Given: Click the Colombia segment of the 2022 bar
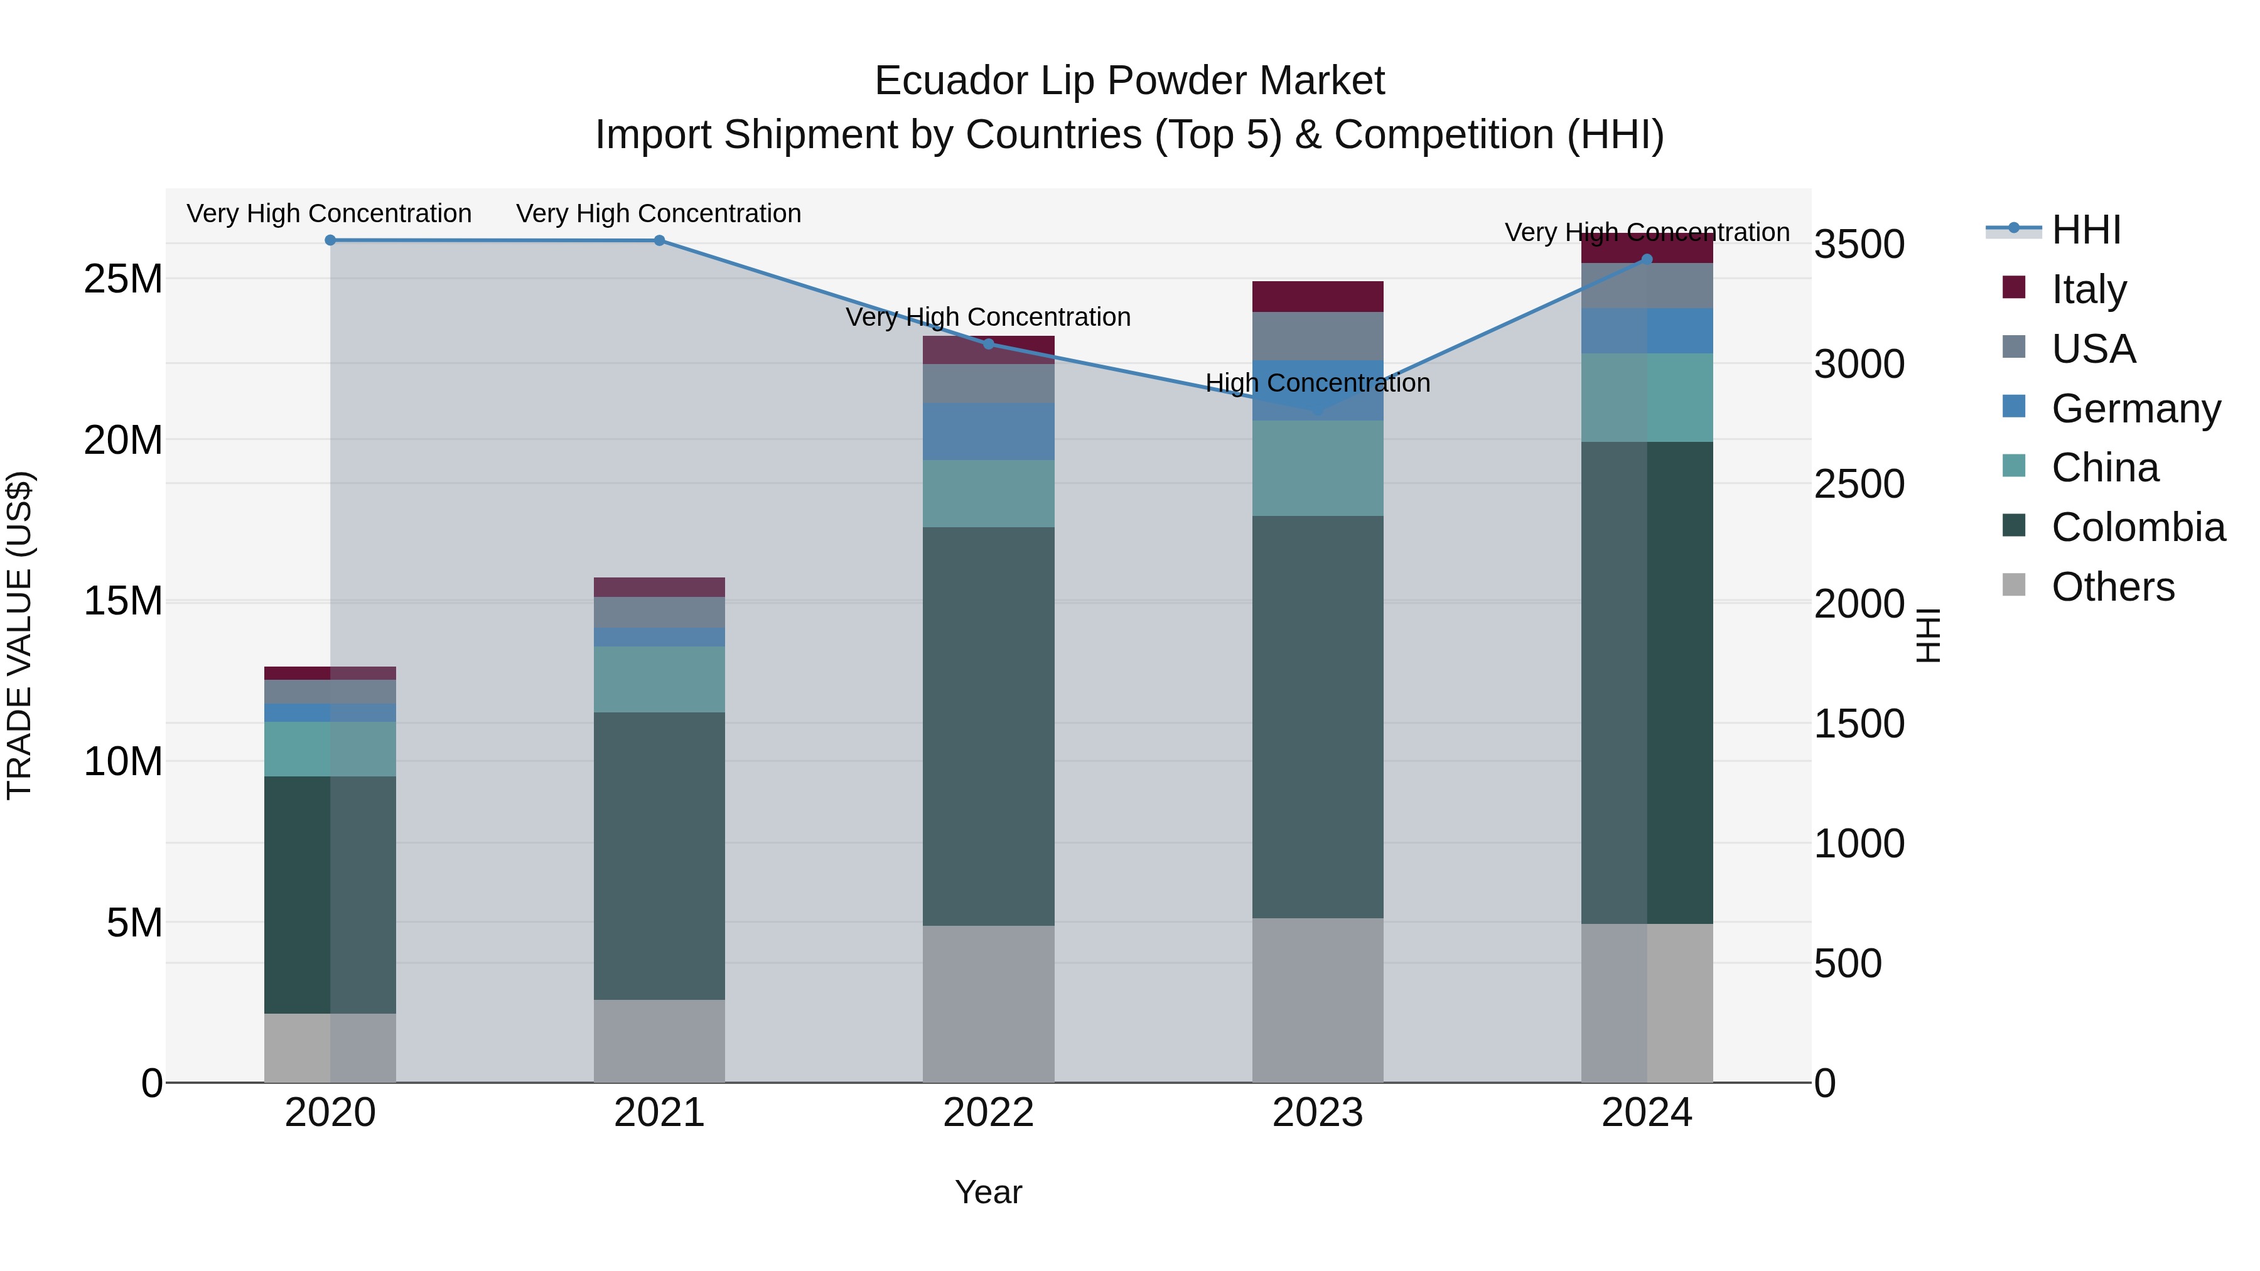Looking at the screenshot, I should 988,726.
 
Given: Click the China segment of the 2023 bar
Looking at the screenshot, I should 1317,468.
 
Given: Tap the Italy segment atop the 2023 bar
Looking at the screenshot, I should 1317,296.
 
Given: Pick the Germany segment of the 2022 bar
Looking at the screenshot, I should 988,432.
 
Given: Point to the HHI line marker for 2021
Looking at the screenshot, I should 659,240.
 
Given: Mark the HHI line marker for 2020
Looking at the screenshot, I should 330,240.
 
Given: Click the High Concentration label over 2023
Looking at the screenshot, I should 1317,383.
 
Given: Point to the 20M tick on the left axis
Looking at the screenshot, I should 123,441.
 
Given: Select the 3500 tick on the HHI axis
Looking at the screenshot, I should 1859,244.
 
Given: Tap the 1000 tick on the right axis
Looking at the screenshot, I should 1859,844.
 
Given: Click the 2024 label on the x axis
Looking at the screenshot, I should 1646,1113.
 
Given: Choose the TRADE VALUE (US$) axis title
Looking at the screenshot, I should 19,635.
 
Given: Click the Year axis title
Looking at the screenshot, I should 988,1192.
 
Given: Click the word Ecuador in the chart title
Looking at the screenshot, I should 950,81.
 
